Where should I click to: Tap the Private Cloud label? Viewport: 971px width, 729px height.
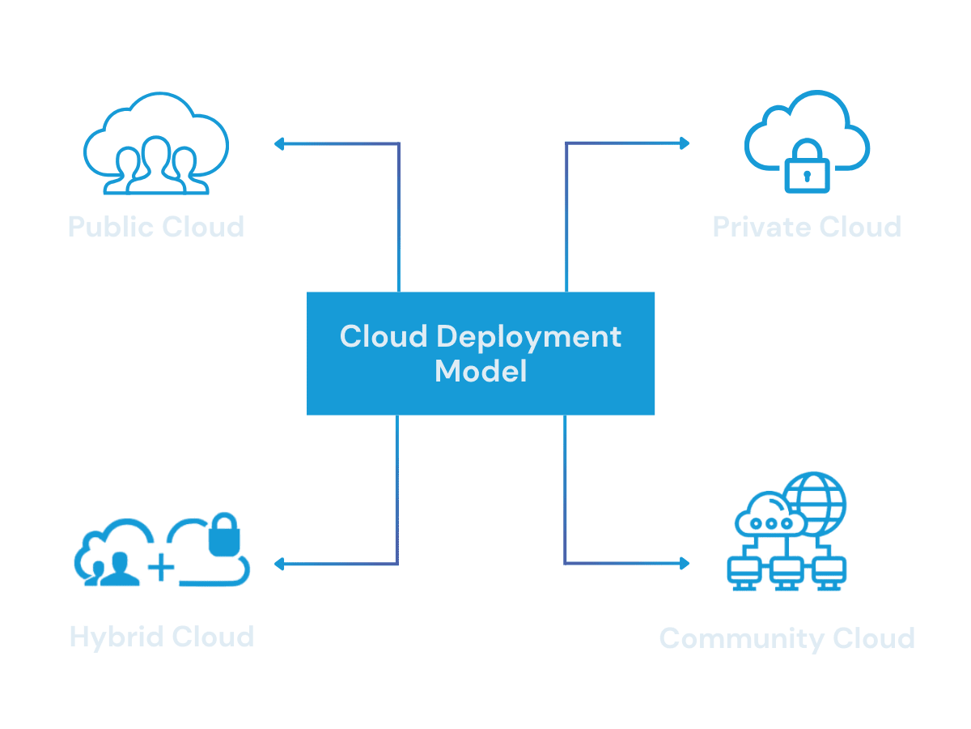pos(807,226)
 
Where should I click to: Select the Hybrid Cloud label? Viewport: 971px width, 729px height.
pos(162,636)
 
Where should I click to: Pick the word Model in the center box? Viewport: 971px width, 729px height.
pos(481,372)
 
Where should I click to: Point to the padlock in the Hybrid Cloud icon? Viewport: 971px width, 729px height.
pos(224,535)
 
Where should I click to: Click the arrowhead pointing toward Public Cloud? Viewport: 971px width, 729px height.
pos(279,144)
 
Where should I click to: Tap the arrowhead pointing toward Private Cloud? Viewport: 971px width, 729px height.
pos(685,143)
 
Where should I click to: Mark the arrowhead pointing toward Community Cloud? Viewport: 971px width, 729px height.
pos(685,564)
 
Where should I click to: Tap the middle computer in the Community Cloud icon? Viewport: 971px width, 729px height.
pos(783,572)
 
